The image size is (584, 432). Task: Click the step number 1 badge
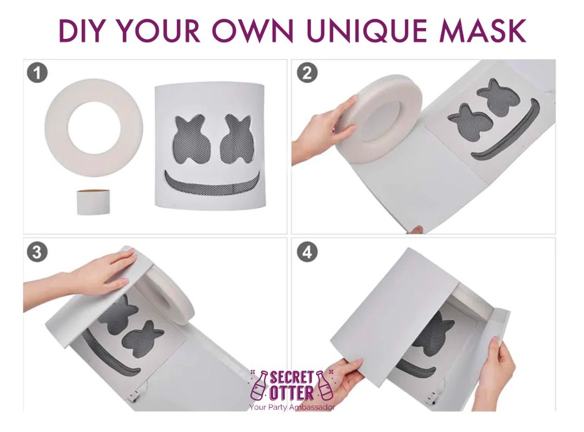tap(37, 72)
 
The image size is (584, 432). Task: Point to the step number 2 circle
tap(307, 72)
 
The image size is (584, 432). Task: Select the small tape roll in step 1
tap(94, 202)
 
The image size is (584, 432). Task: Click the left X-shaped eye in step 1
tap(189, 138)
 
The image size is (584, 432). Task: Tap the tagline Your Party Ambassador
tap(292, 407)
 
